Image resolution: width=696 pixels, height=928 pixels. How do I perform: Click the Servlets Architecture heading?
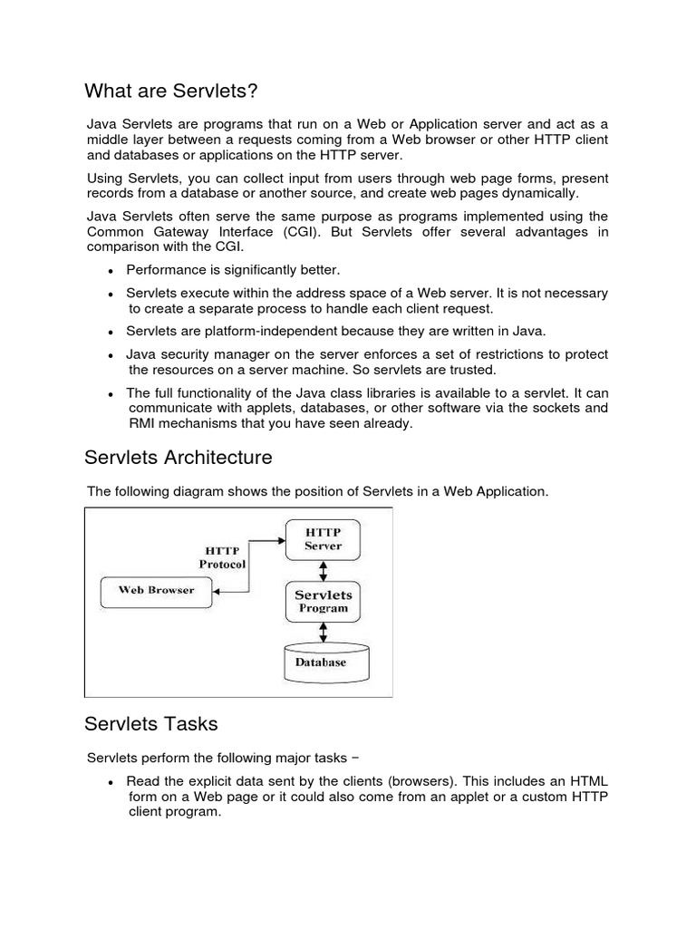point(178,457)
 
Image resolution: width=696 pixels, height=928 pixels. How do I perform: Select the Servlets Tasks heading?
point(150,724)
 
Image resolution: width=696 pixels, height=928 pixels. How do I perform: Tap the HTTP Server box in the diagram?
point(323,539)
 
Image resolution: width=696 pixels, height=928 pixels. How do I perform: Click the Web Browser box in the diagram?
point(157,590)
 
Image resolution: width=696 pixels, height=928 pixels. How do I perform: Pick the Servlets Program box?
point(324,602)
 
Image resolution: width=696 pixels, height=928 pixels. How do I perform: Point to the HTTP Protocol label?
point(222,556)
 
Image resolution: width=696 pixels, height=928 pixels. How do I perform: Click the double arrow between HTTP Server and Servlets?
point(323,570)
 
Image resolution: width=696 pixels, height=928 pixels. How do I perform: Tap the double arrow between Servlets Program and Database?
point(323,631)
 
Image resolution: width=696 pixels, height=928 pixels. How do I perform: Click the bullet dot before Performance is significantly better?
point(110,271)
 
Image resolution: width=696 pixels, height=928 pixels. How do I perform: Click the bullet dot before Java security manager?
point(110,354)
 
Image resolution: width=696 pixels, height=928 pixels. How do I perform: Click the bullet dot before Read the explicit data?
point(110,782)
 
